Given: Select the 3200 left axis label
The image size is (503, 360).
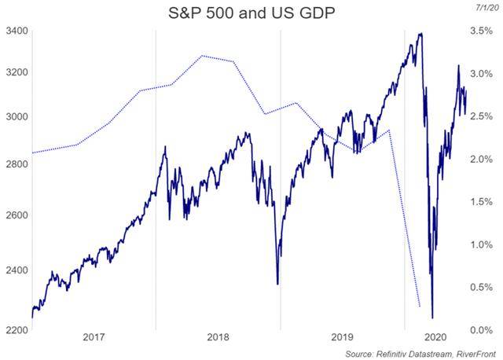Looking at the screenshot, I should click(x=17, y=72).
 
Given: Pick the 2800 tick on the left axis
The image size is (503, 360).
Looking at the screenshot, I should click(x=17, y=163).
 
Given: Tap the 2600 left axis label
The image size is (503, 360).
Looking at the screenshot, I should click(x=17, y=215).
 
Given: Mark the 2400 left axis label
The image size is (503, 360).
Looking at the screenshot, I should click(x=17, y=270).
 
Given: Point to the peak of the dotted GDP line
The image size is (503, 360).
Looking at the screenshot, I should click(x=203, y=56).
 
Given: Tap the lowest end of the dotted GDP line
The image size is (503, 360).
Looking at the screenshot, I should click(x=420, y=307).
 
